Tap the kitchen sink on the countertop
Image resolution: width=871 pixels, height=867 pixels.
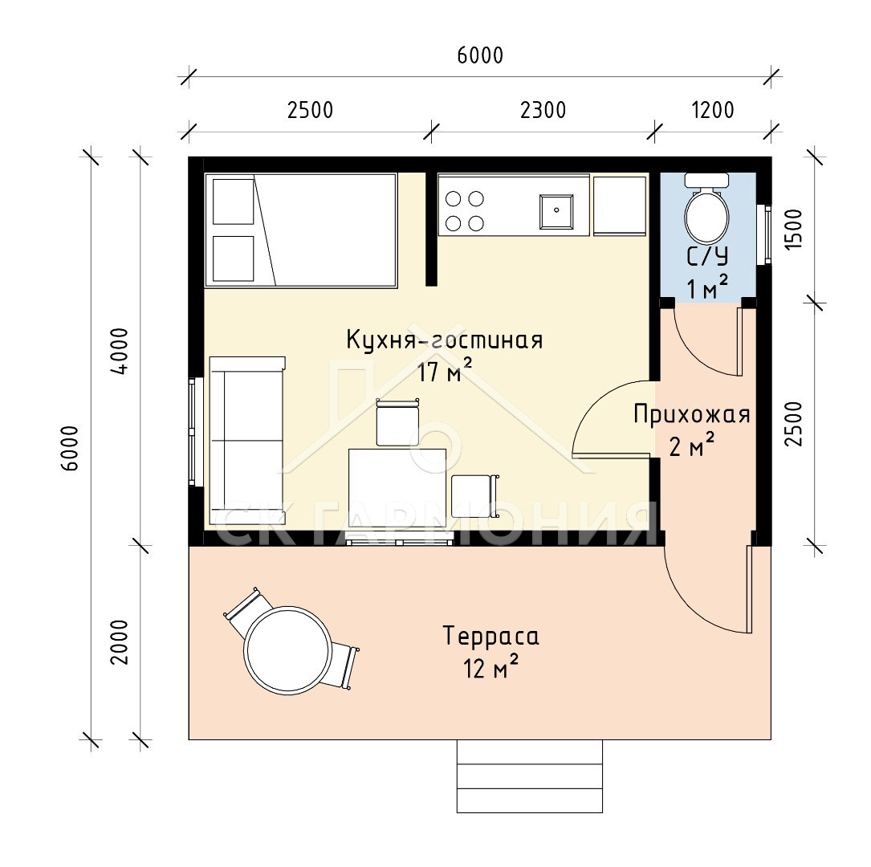556,211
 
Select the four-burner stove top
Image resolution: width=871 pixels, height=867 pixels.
464,210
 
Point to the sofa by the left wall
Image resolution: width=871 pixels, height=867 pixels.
247,441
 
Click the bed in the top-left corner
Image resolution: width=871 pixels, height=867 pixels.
301,230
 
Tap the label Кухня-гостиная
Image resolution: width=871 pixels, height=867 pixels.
445,340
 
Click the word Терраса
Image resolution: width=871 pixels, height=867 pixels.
491,636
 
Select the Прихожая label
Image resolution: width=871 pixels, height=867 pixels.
691,414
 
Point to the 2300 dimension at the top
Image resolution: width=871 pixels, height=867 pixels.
543,110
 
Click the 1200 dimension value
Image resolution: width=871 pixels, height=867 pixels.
713,110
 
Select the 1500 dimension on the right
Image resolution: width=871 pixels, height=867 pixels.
795,229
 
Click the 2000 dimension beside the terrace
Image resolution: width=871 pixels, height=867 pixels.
120,642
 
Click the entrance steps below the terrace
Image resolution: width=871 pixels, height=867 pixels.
529,776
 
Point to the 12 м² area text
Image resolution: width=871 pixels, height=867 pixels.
491,668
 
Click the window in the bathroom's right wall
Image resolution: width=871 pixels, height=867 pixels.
767,234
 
